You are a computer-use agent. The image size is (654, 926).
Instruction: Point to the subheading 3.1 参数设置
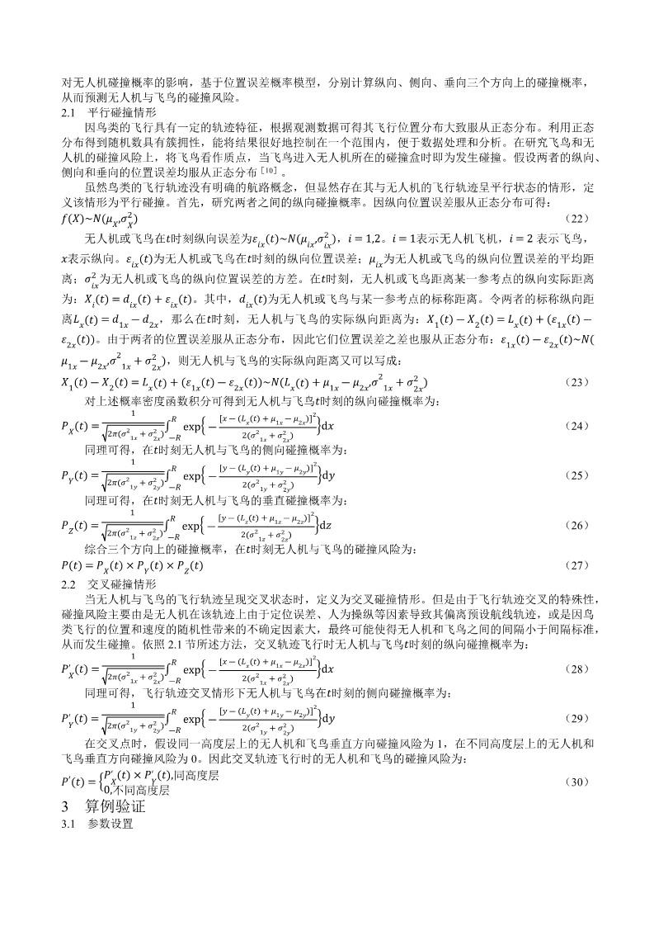[x=98, y=824]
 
